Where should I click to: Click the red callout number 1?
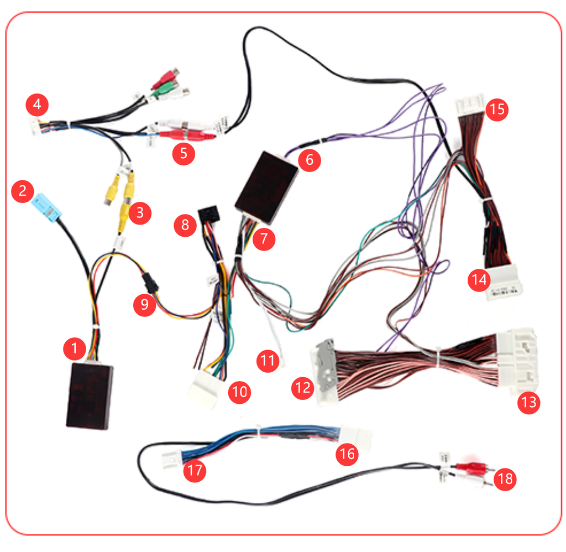pos(74,348)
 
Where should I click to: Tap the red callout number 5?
pos(183,153)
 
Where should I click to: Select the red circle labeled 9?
pos(145,305)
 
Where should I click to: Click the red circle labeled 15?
pos(497,109)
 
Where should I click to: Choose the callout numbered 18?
pos(505,479)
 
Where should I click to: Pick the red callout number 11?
pos(268,361)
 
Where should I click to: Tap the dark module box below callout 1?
pos(90,396)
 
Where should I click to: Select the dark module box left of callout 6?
pos(266,181)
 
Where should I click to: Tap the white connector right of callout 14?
pos(504,283)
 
